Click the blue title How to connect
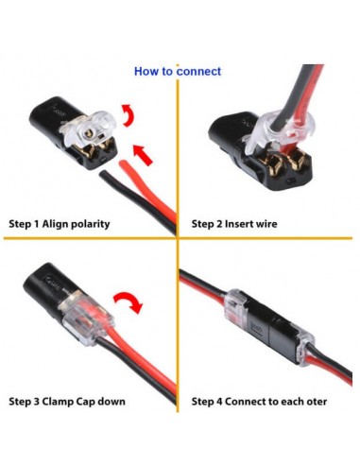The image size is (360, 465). point(178,71)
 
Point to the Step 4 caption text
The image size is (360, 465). point(259,402)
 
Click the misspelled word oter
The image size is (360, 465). point(317,402)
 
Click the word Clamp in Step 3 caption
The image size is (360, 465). point(68,402)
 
